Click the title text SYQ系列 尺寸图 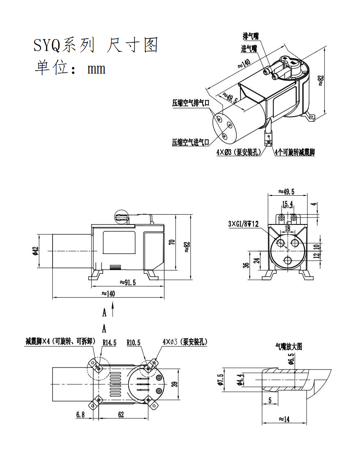(95, 45)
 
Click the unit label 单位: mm (70, 68)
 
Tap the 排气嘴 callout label (250, 37)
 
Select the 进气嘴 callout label (249, 49)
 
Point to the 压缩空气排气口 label (191, 103)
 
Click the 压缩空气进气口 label (191, 142)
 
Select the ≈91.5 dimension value (128, 282)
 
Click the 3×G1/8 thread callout (244, 224)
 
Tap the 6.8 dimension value (80, 415)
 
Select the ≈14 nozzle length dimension (284, 419)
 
